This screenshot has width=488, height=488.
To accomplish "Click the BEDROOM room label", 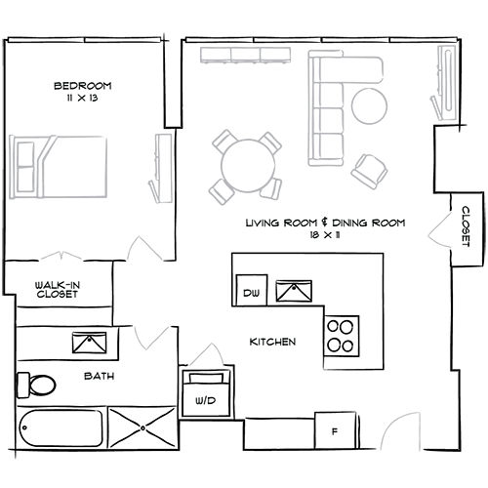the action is click(83, 86).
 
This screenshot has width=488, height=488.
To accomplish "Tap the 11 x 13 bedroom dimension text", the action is click(82, 98).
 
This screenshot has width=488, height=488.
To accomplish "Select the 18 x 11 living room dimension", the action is click(325, 235).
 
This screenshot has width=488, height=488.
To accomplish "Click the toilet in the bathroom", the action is click(36, 386).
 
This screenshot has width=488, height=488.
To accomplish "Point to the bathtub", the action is click(61, 427).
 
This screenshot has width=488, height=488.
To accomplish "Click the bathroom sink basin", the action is click(90, 343).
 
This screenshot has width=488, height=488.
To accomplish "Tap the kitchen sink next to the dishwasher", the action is click(294, 291).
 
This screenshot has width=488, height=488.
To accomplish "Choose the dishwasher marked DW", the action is click(252, 290).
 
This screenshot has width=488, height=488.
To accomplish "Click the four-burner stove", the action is click(342, 336).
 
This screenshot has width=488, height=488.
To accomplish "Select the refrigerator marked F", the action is click(335, 431).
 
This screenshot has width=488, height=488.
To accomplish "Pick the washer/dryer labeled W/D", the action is click(206, 393).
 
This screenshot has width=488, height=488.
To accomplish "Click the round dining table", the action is click(248, 166).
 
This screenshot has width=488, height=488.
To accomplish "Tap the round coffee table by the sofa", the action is click(369, 105).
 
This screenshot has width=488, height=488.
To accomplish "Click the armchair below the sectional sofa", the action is click(369, 171).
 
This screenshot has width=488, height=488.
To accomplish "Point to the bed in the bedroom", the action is click(59, 167).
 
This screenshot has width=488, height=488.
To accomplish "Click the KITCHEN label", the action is click(272, 342).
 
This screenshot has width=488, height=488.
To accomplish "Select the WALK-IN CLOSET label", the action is click(58, 290).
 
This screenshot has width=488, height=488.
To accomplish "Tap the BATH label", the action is click(100, 376).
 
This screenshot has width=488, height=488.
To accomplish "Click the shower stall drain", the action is click(142, 428).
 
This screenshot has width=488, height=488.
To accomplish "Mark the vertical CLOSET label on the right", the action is click(467, 226).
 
